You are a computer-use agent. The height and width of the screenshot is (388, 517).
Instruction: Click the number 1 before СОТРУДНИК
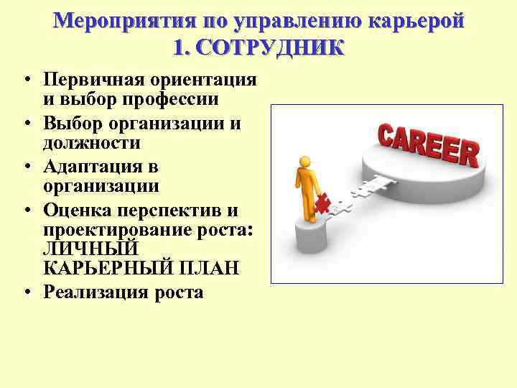tap(179, 47)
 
